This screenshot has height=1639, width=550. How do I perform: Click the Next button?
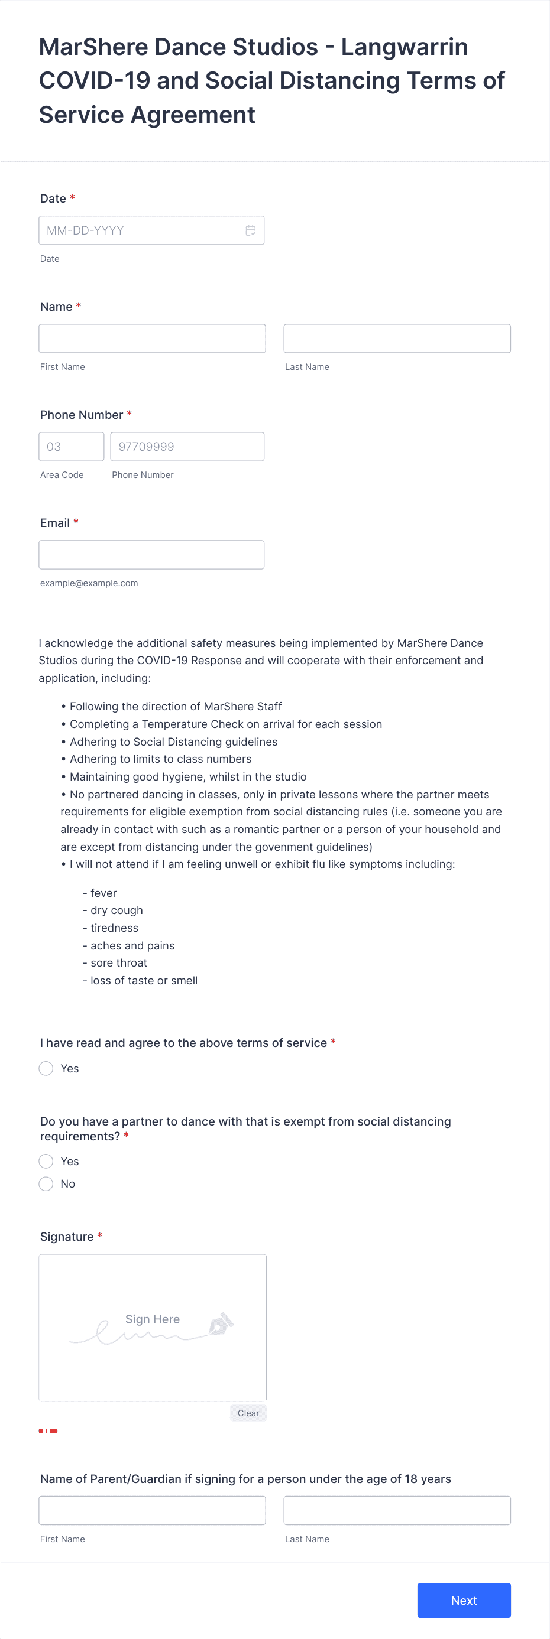coord(464,1599)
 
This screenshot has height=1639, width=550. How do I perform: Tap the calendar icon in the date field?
coord(251,230)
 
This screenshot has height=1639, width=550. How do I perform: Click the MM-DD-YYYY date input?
coord(140,230)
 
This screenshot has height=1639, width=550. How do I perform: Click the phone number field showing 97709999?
coord(186,447)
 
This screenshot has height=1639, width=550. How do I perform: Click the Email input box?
coord(151,555)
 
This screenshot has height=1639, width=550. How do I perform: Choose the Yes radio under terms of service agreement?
coord(46,1068)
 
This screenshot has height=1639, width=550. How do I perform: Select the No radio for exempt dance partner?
coord(46,1183)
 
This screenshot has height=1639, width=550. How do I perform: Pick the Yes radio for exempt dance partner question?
coord(46,1161)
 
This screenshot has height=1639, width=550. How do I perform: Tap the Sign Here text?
coord(152,1319)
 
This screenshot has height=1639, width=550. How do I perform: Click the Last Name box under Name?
coord(397,339)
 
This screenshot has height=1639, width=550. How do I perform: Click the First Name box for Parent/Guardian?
coord(151,1510)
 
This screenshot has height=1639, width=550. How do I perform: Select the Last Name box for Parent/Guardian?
coord(397,1510)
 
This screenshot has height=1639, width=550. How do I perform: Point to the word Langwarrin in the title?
coord(405,47)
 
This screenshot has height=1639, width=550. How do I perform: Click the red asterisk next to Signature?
coord(100,1235)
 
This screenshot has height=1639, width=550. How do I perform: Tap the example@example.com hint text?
coord(89,583)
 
